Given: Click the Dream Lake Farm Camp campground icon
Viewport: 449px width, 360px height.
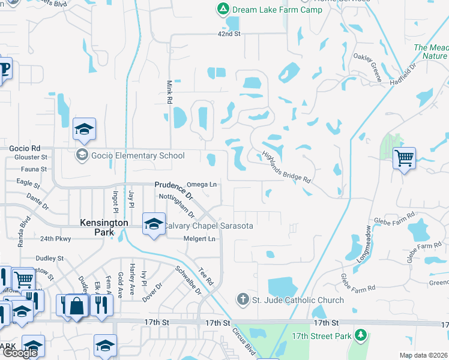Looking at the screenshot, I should (223, 9).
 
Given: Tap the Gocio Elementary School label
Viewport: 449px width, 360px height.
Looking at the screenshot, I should (137, 156).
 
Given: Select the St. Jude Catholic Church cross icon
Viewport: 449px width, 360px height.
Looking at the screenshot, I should (242, 299).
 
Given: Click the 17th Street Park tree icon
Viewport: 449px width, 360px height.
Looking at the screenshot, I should (361, 335).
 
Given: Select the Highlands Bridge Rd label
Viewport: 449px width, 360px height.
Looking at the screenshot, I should (286, 166).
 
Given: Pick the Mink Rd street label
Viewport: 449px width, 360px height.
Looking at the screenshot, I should (169, 92).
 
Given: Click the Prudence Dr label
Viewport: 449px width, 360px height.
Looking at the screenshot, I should (172, 190).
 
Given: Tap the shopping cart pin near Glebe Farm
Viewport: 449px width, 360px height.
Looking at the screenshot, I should (405, 158).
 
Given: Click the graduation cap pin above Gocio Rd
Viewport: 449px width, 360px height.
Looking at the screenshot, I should (85, 128).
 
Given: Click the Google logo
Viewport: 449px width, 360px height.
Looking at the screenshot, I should (20, 353).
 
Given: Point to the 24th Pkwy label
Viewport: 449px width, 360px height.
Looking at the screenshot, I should (56, 239).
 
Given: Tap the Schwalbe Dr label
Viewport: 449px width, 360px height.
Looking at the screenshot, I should (186, 278).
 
